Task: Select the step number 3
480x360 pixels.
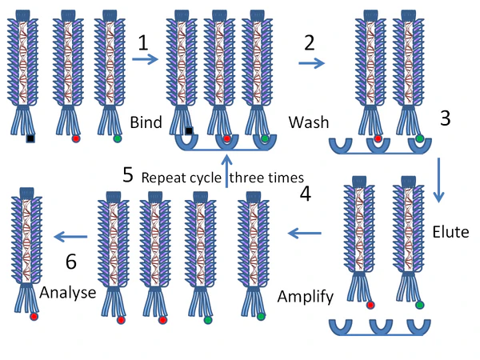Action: coord(446,118)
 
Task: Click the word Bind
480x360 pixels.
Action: coord(146,123)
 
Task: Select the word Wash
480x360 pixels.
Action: coord(308,125)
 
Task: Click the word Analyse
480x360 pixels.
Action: coord(67,292)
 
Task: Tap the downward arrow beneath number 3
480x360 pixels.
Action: coord(438,180)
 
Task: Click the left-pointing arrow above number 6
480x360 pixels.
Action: coord(70,235)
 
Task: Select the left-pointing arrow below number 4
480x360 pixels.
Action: coord(304,234)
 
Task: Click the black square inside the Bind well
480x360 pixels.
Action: coord(190,132)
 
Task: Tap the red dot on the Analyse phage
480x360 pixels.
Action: coord(34,317)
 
